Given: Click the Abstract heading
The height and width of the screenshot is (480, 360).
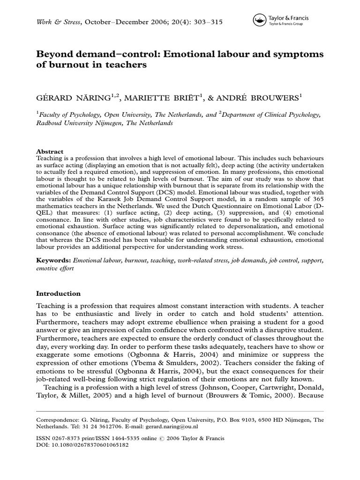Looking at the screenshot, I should coord(50,152).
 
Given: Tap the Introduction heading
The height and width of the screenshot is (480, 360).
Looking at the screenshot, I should coord(58,293).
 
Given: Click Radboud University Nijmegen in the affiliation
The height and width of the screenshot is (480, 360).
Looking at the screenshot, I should coord(85,123).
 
